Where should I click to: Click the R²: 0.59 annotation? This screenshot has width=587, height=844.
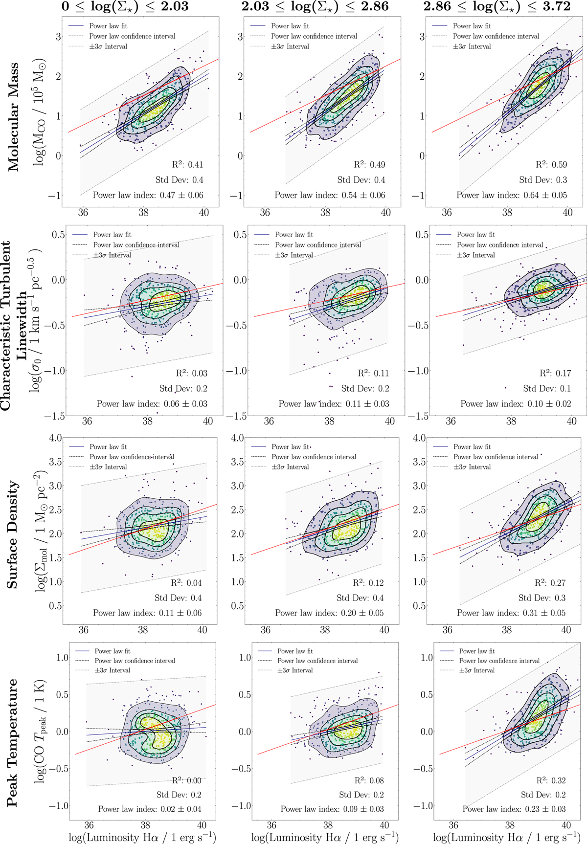551,165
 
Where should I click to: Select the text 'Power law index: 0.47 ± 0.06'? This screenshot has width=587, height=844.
148,195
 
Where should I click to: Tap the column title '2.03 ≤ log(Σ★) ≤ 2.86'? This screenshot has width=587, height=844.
315,7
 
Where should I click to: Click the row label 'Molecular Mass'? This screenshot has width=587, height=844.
13,116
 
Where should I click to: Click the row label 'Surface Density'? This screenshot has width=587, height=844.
13,534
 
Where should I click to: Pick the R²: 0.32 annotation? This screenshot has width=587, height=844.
551,780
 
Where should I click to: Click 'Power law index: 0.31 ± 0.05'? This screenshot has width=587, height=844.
511,613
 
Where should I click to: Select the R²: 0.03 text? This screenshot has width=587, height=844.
192,373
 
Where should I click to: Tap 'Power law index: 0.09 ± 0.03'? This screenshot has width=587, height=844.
332,809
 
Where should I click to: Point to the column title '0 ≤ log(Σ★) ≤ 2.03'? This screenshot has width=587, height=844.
125,7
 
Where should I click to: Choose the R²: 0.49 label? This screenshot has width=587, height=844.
369,165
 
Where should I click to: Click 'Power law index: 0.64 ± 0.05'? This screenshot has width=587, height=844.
512,195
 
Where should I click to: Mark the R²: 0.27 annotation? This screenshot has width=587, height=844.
550,583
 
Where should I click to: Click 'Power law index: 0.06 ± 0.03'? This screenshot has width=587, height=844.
152,404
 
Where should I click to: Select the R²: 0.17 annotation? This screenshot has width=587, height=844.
555,373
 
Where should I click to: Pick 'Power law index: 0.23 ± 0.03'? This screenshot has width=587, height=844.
514,809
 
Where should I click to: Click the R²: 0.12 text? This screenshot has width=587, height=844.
368,583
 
